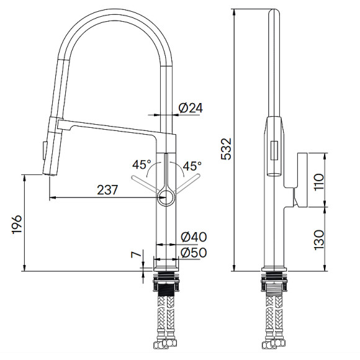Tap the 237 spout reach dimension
click(x=107, y=191)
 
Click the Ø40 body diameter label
click(x=193, y=237)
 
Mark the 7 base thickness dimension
click(x=133, y=254)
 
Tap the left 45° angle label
click(x=142, y=166)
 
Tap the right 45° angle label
click(x=191, y=166)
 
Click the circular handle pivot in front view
click(x=166, y=198)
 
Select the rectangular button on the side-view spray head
click(x=272, y=153)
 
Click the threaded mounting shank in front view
click(x=166, y=288)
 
